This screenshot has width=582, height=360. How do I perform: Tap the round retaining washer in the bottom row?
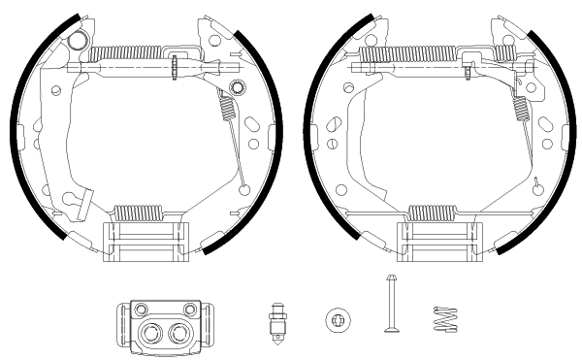pos(336,318)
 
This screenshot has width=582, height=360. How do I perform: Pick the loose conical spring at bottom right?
pos(444,320)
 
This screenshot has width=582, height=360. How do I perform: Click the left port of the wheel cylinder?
pos(150,334)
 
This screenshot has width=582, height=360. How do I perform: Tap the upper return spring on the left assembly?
pos(131,53)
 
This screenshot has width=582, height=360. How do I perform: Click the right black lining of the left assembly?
pos(263,146)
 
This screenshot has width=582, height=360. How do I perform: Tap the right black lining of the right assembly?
pos(556,146)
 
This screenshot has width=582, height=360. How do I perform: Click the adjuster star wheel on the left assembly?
pos(173,68)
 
